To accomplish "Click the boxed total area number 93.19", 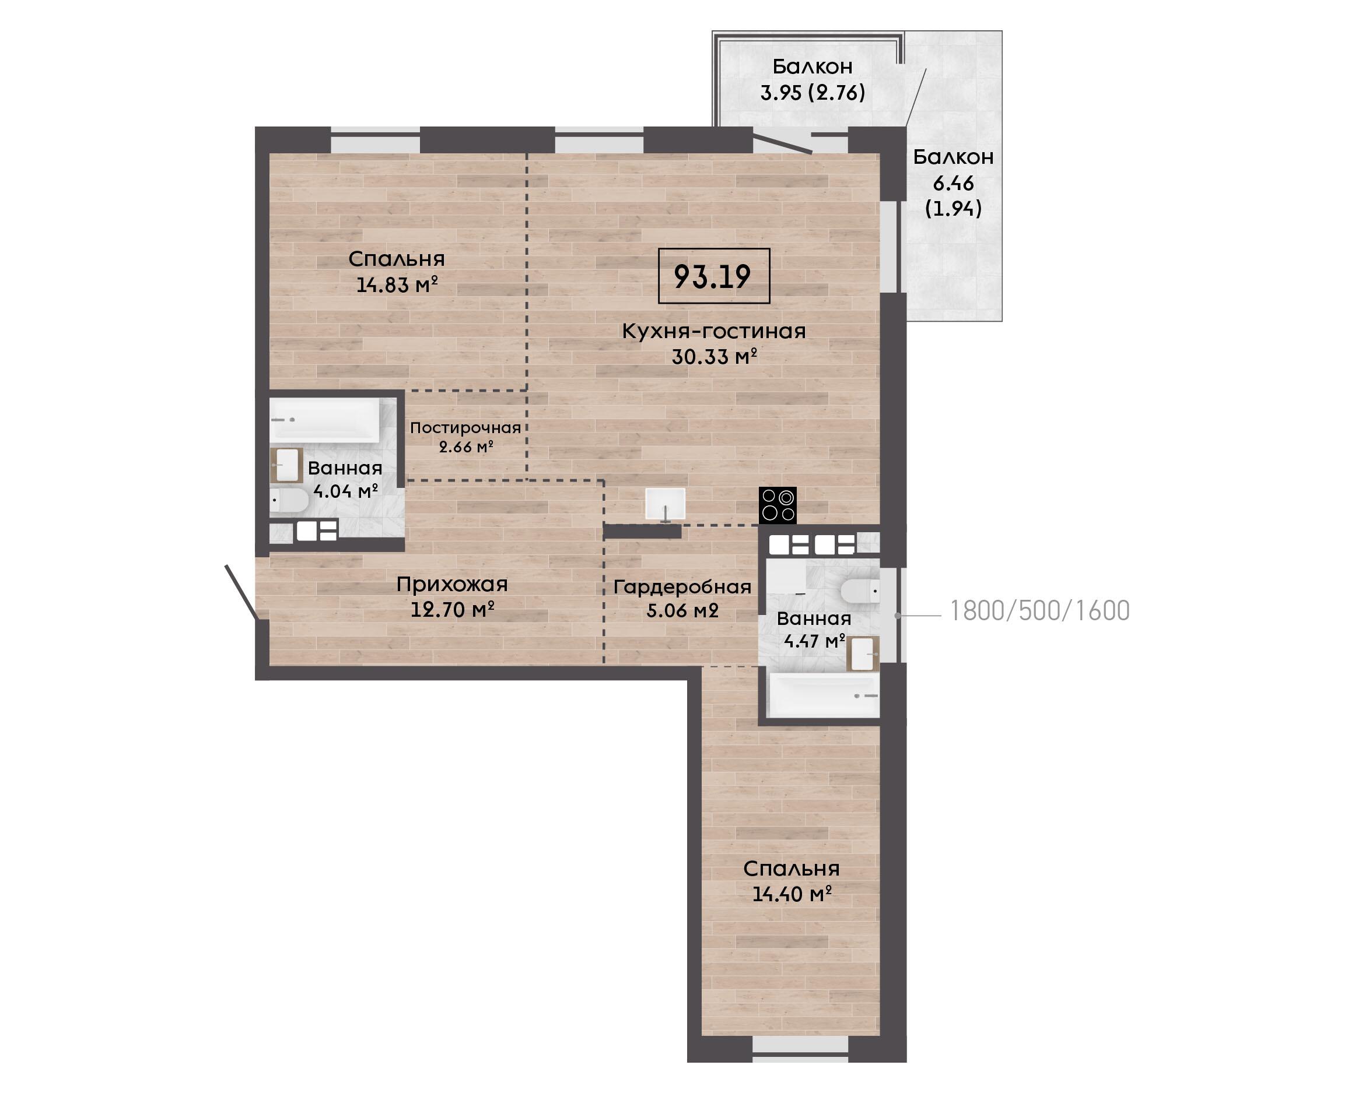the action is (713, 276).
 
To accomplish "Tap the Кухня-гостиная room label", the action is (714, 331).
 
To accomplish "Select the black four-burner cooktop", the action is (778, 505).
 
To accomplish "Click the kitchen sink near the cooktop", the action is (665, 504).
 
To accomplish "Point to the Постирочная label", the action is (465, 428).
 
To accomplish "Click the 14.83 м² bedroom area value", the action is (397, 285).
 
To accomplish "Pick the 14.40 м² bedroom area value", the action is (793, 894).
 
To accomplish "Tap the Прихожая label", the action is (451, 585).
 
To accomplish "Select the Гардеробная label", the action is (682, 587).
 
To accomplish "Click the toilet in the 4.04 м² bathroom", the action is (290, 501).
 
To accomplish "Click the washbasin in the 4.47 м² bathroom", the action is (863, 653).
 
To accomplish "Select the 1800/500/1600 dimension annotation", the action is (1039, 611).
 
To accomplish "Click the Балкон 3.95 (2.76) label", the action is (813, 79).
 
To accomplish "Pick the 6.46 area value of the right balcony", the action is (953, 184).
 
